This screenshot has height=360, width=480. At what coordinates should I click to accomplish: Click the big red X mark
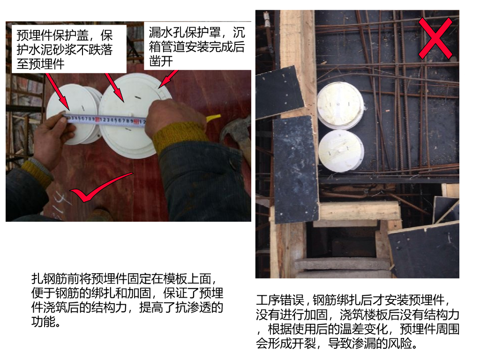click(435, 38)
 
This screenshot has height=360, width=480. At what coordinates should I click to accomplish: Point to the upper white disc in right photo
click(340, 105)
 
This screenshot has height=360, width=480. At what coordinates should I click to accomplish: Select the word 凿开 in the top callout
click(161, 61)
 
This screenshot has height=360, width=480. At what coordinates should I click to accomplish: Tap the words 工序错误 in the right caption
click(280, 300)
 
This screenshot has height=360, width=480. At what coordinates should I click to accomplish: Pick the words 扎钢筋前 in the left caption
click(55, 278)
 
